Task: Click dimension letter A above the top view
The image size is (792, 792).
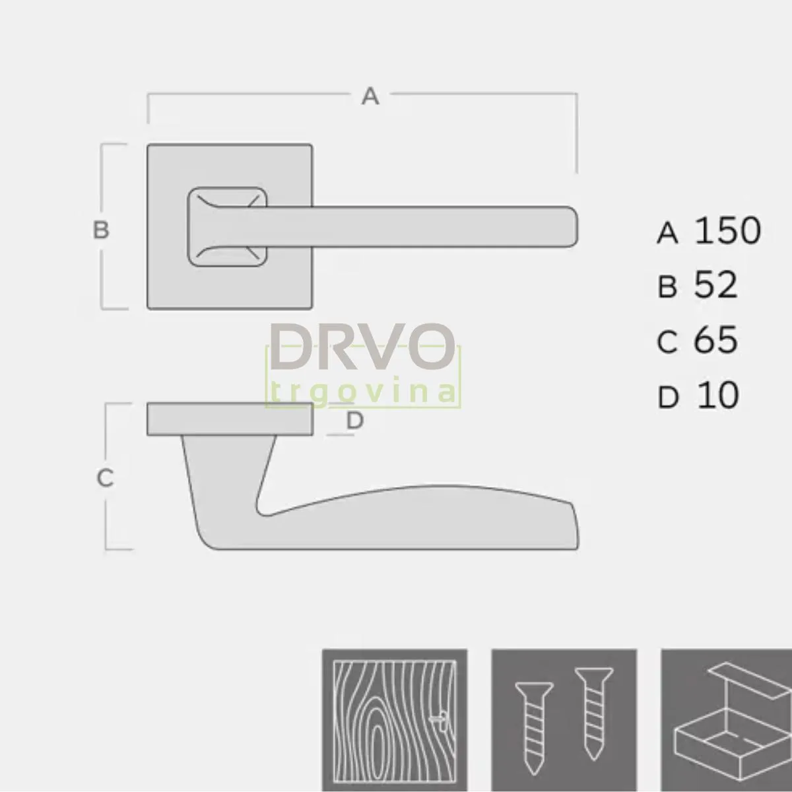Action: click(x=371, y=96)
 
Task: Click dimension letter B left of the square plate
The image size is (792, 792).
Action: click(x=100, y=230)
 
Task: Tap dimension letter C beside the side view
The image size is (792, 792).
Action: click(x=105, y=478)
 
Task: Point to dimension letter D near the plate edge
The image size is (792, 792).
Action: click(x=355, y=420)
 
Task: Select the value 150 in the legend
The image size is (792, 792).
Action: click(x=728, y=231)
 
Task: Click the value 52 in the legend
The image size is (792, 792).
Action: click(x=715, y=286)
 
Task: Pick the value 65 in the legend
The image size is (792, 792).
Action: click(x=715, y=341)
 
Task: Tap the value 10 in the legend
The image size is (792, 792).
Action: click(x=717, y=396)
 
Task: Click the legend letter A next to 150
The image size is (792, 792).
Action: click(x=668, y=233)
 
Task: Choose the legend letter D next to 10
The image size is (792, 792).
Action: click(x=668, y=398)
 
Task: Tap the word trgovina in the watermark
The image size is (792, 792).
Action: click(x=362, y=391)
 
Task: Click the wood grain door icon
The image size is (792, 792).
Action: click(x=394, y=720)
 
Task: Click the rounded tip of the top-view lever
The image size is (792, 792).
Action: click(x=570, y=226)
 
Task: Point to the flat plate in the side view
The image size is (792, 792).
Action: click(x=230, y=419)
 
